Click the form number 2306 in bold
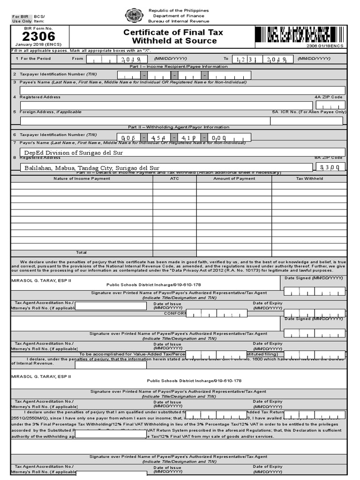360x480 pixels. click(x=38, y=36)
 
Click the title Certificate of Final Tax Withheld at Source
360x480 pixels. click(x=173, y=37)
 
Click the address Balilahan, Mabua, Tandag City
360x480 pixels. click(x=91, y=168)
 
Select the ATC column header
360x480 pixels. click(x=174, y=179)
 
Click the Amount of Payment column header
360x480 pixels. click(x=234, y=179)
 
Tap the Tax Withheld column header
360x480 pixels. click(x=309, y=179)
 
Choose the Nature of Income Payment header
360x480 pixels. click(x=82, y=179)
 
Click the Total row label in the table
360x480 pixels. click(x=82, y=252)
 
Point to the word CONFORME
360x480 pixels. click(x=175, y=313)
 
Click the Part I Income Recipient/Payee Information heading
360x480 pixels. click(x=178, y=67)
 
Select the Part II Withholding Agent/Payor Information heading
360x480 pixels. click(x=179, y=127)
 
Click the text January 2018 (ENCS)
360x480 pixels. click(x=38, y=45)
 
